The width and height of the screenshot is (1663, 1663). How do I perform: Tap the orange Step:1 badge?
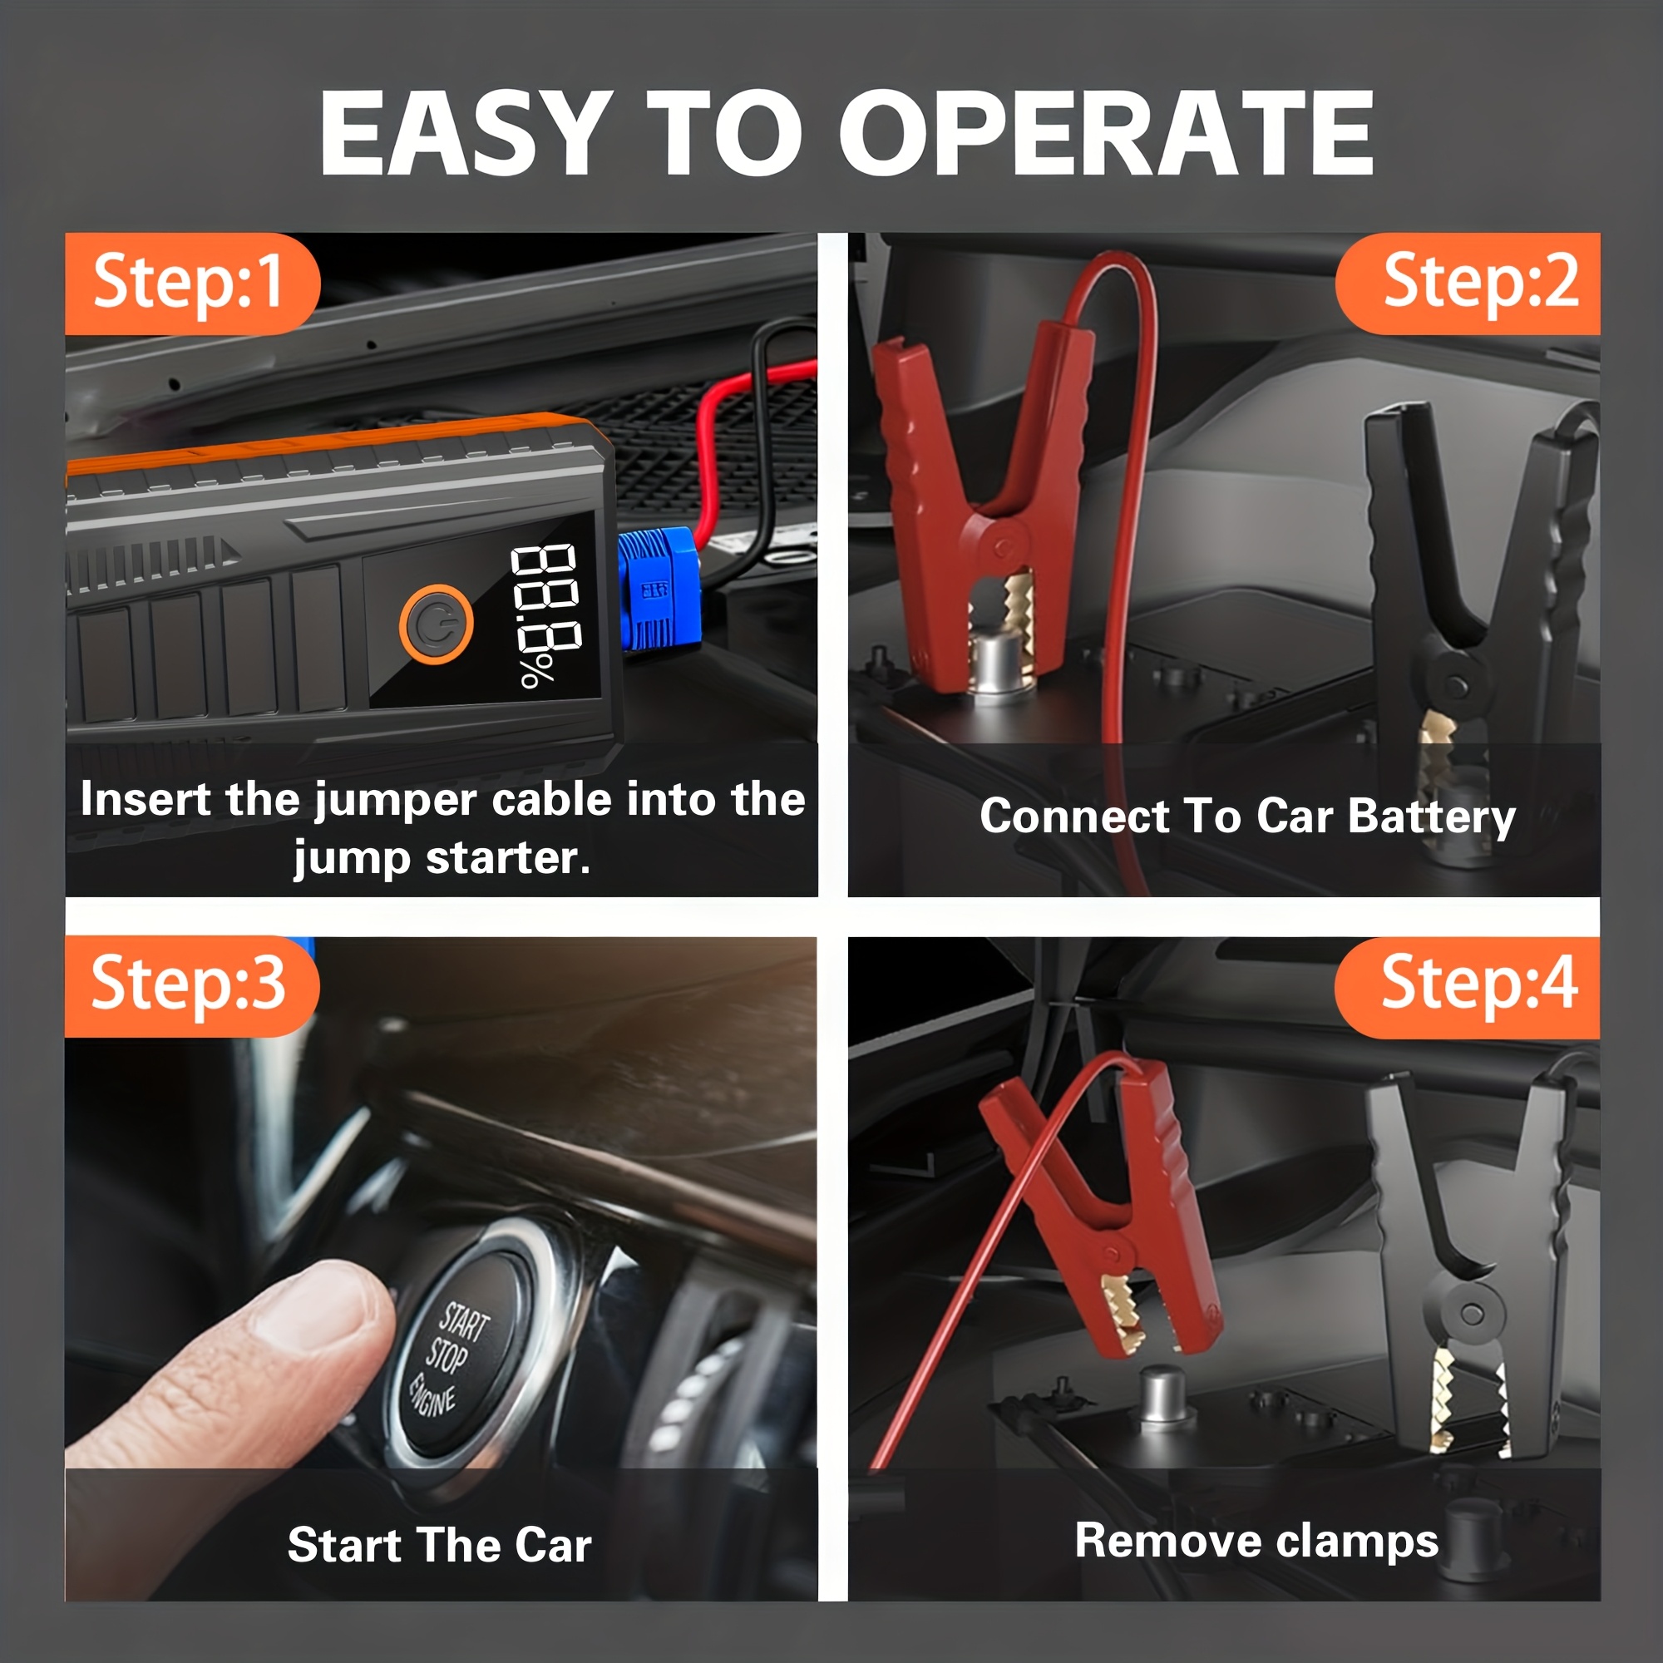click(x=192, y=284)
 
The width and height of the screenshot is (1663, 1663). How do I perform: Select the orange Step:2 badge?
click(x=1468, y=284)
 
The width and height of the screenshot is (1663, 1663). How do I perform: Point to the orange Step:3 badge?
click(x=191, y=985)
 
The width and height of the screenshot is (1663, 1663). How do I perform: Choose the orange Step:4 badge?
click(x=1467, y=986)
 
